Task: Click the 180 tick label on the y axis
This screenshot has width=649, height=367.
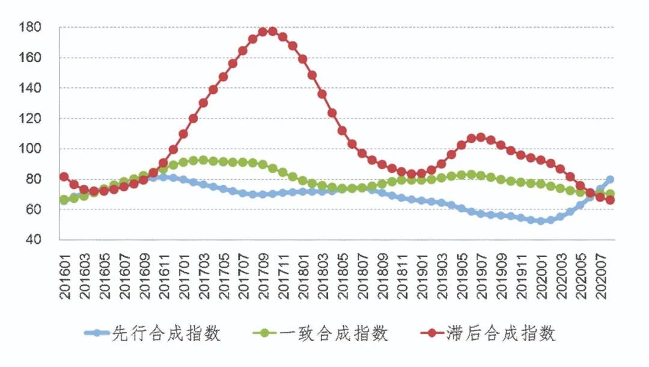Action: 30,27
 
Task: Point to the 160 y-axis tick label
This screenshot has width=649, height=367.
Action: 30,58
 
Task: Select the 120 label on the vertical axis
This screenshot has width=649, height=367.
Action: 30,119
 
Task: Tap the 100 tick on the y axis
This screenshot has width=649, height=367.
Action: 30,149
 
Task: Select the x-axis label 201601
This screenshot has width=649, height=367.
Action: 64,271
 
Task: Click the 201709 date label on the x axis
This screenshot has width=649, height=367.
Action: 263,271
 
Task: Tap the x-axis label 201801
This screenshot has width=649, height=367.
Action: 302,271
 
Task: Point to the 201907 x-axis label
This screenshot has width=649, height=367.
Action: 481,271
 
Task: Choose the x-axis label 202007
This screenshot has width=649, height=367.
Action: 600,271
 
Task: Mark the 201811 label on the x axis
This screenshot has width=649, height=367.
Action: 401,271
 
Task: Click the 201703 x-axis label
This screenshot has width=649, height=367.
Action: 203,271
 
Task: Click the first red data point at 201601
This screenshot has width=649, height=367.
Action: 64,177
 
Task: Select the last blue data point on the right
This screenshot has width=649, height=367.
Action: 609,179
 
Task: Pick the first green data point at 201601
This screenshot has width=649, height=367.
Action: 64,200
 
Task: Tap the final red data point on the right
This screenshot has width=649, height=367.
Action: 609,200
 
